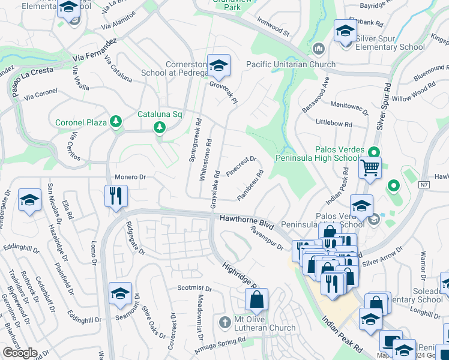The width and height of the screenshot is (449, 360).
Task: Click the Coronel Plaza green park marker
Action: (115, 122)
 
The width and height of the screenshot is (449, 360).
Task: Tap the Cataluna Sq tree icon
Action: (159, 127)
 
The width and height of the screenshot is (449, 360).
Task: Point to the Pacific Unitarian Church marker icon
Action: (318, 48)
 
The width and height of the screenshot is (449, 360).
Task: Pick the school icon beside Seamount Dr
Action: (120, 293)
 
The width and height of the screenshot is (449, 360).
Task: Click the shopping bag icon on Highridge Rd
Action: (256, 299)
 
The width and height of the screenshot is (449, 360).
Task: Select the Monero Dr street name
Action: (130, 178)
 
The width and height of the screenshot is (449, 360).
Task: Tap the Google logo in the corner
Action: (20, 353)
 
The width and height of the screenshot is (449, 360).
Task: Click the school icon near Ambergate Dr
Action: (29, 199)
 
